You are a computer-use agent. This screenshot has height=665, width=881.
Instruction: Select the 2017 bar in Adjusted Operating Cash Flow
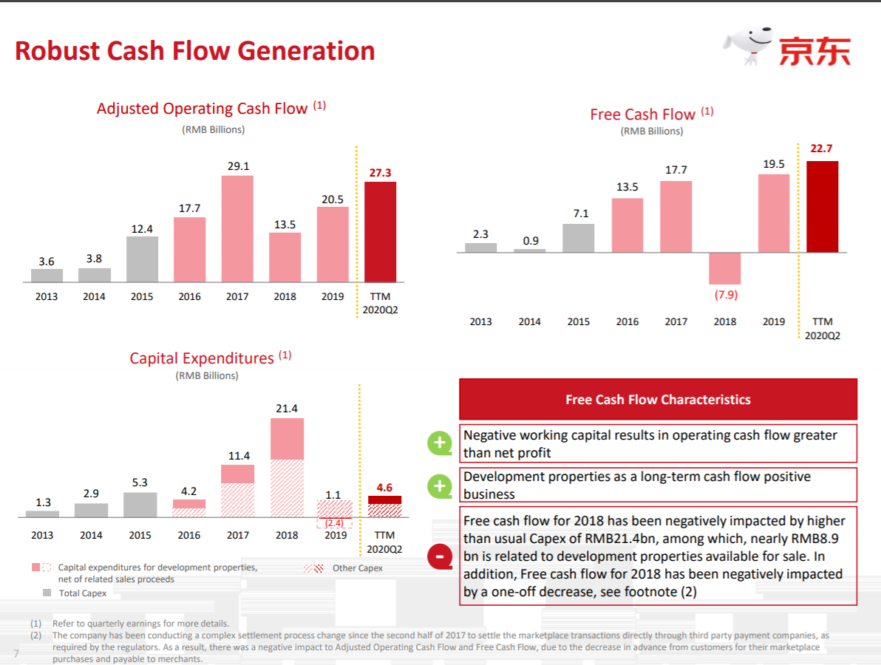click(x=237, y=229)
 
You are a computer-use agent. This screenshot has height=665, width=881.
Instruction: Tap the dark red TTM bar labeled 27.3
click(x=380, y=232)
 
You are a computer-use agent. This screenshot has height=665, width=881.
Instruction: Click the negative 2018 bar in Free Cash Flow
click(x=724, y=268)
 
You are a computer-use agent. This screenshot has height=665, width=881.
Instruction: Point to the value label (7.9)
click(x=725, y=295)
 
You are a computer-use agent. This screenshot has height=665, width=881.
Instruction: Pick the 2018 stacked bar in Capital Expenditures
click(x=287, y=468)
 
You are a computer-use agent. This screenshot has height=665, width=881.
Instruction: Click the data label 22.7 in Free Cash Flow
click(x=822, y=149)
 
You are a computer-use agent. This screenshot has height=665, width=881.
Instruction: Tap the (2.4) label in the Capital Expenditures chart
click(x=335, y=522)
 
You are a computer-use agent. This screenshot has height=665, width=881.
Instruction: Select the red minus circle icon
click(x=440, y=556)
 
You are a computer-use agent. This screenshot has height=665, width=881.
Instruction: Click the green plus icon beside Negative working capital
click(x=440, y=443)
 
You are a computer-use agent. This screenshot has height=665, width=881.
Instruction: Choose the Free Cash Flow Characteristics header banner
click(x=658, y=400)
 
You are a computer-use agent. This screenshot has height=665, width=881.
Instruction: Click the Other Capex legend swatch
click(x=313, y=568)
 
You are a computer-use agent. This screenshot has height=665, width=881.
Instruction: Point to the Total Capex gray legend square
click(x=47, y=593)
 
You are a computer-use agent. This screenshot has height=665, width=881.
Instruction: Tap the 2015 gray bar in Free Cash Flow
click(x=578, y=238)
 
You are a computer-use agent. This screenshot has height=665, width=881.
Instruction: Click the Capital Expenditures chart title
click(x=202, y=358)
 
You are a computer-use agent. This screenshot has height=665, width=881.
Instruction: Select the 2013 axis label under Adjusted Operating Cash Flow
click(x=47, y=296)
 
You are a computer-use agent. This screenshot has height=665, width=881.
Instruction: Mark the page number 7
click(x=16, y=653)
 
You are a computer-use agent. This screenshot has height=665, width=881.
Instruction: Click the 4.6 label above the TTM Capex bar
click(x=384, y=488)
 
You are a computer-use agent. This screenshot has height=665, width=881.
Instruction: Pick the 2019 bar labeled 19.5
click(x=774, y=214)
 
